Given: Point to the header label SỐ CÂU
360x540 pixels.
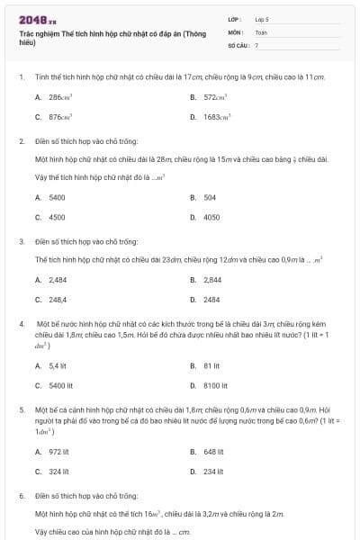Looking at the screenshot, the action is tap(237, 44).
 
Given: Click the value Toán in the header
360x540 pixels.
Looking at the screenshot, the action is tap(261, 31).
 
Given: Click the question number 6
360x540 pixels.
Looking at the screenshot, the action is tap(22, 495).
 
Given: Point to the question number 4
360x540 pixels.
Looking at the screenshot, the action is tap(22, 321).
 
